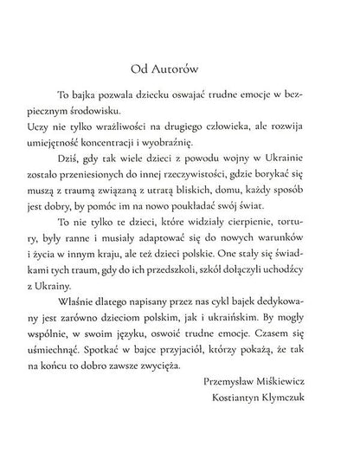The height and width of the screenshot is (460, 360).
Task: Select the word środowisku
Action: pyautogui.click(x=124, y=114)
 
